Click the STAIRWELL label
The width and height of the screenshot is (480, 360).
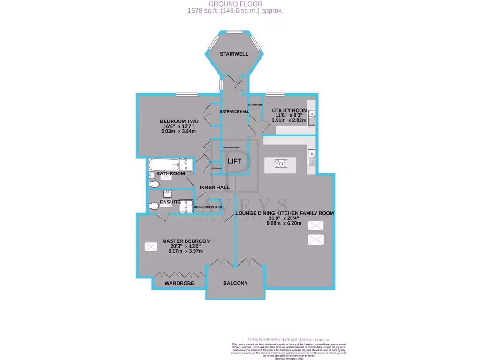(x=234, y=54)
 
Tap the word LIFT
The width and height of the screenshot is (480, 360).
(x=234, y=161)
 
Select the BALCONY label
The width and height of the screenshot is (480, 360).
(x=235, y=283)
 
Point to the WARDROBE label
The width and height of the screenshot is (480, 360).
(x=179, y=284)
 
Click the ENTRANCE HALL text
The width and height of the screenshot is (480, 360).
(x=235, y=111)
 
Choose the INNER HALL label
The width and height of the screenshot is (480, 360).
(x=215, y=187)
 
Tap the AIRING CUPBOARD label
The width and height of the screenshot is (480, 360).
(x=208, y=207)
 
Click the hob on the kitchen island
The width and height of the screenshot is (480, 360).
(x=282, y=164)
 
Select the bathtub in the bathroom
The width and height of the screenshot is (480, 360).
(x=164, y=164)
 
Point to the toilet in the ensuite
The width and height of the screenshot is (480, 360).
(x=153, y=205)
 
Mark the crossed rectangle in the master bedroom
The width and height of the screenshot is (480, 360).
(x=151, y=247)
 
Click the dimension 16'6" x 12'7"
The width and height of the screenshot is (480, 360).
(x=180, y=126)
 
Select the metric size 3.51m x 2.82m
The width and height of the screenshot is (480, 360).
(x=289, y=120)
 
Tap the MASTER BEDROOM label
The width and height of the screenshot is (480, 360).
(x=186, y=241)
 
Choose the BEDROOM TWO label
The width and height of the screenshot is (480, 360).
(x=180, y=121)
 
